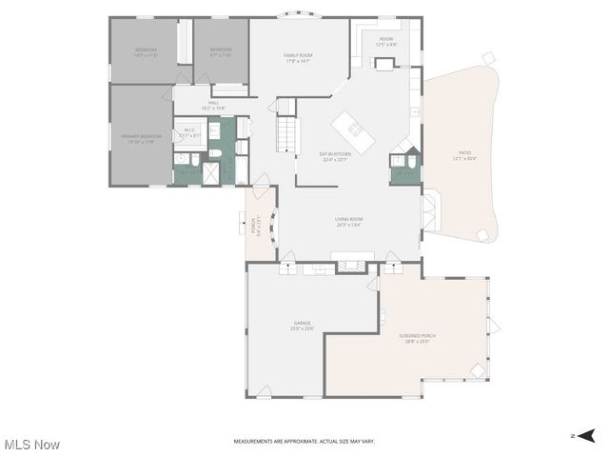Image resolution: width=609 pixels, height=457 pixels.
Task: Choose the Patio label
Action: [464, 153]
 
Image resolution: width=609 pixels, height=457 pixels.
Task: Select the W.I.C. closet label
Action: [189, 132]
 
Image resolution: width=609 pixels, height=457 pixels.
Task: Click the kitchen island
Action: [353, 131]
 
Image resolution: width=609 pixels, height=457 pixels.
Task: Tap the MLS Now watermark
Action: [31, 445]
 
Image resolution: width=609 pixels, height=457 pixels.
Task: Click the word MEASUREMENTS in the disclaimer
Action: [257, 442]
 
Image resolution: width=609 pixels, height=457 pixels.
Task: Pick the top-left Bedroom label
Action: [146, 52]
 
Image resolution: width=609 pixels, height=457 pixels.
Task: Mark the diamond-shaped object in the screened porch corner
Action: [478, 369]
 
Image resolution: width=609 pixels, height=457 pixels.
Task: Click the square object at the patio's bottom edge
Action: [482, 234]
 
